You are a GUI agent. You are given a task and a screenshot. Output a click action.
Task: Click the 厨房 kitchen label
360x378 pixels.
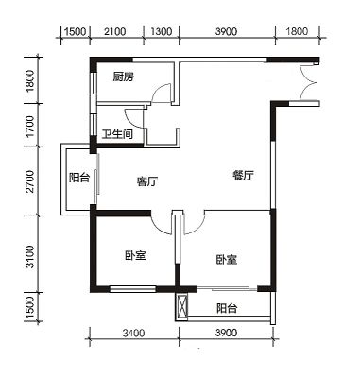pos(124,77)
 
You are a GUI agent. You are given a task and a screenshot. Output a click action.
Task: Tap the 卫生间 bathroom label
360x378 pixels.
pos(117,134)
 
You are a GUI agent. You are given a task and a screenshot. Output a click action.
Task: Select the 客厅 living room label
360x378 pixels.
pos(147,181)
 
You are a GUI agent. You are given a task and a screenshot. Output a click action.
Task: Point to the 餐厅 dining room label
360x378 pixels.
pos(243,175)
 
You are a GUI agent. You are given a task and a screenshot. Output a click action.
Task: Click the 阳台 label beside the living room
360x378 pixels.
pos(79,179)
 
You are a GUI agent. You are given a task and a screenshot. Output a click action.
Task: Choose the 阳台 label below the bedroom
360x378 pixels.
pos(227,308)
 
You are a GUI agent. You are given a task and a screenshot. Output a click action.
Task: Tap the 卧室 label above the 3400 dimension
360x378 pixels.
pos(135,255)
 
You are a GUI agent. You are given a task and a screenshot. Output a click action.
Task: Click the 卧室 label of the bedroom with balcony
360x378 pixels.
pos(227,260)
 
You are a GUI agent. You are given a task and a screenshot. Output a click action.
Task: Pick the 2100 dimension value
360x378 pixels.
pos(115,31)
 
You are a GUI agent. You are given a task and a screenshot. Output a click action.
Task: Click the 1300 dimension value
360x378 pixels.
pos(162,31)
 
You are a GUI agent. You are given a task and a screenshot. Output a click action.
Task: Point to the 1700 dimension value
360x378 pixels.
pos(30,127)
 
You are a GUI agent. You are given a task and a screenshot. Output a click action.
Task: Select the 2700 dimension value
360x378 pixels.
pos(30,181)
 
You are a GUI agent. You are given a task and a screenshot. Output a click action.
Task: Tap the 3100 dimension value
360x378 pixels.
pos(30,257)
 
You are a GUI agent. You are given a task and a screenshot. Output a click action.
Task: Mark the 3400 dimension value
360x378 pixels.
pos(133,333)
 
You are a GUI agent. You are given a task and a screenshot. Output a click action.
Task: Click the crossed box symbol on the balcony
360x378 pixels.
pos(181,307)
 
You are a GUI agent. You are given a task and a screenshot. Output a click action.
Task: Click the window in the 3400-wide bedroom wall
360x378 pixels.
pos(133,288)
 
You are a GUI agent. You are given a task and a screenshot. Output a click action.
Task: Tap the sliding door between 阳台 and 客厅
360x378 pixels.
pos(97,179)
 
